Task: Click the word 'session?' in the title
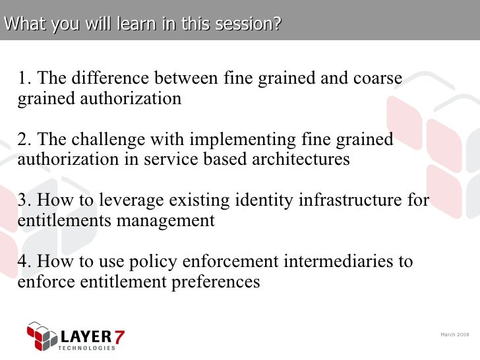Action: [x=249, y=24]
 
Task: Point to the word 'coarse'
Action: [x=376, y=78]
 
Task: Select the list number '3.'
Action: [x=25, y=200]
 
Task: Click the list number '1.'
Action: [x=25, y=78]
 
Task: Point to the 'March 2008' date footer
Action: [x=454, y=335]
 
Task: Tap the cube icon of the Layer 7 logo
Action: [x=40, y=336]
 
